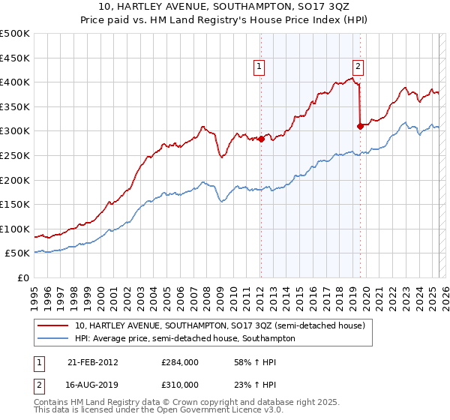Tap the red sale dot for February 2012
point(261,139)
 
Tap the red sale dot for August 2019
point(360,126)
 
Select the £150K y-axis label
point(15,204)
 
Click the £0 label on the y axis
point(24,277)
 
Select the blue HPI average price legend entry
point(184,339)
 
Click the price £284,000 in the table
point(180,362)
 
